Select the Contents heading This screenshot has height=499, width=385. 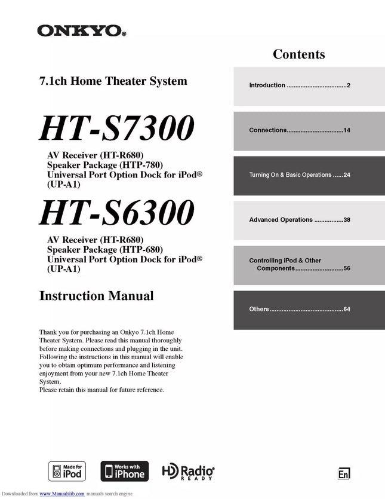tap(298, 54)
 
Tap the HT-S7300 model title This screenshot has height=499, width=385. tap(117, 128)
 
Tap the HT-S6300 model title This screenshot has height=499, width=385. tap(117, 212)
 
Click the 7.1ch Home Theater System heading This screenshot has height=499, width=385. tap(113, 81)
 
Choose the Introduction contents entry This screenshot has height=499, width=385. tap(299, 85)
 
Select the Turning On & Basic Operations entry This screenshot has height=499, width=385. tap(299, 175)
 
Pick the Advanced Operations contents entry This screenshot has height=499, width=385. tap(299, 220)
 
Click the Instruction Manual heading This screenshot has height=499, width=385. tap(96, 296)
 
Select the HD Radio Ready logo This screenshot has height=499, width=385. tap(189, 472)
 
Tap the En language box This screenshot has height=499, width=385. tap(344, 473)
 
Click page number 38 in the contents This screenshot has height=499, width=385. tap(346, 220)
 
